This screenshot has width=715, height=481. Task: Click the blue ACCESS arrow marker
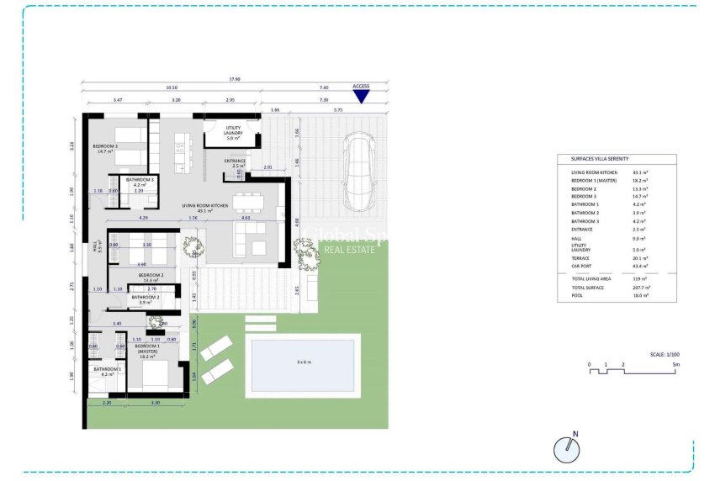click(361, 96)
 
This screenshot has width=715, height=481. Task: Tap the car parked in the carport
click(359, 173)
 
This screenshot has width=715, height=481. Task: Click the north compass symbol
click(568, 449)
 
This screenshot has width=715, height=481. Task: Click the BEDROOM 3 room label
click(106, 148)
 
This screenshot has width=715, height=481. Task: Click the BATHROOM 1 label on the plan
click(106, 371)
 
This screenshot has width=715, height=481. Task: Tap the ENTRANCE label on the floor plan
click(236, 162)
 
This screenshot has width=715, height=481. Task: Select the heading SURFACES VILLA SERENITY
click(600, 159)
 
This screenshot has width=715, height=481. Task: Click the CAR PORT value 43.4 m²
click(643, 266)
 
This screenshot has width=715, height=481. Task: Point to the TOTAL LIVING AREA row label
click(591, 278)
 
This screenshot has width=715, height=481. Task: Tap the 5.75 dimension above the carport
click(338, 110)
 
